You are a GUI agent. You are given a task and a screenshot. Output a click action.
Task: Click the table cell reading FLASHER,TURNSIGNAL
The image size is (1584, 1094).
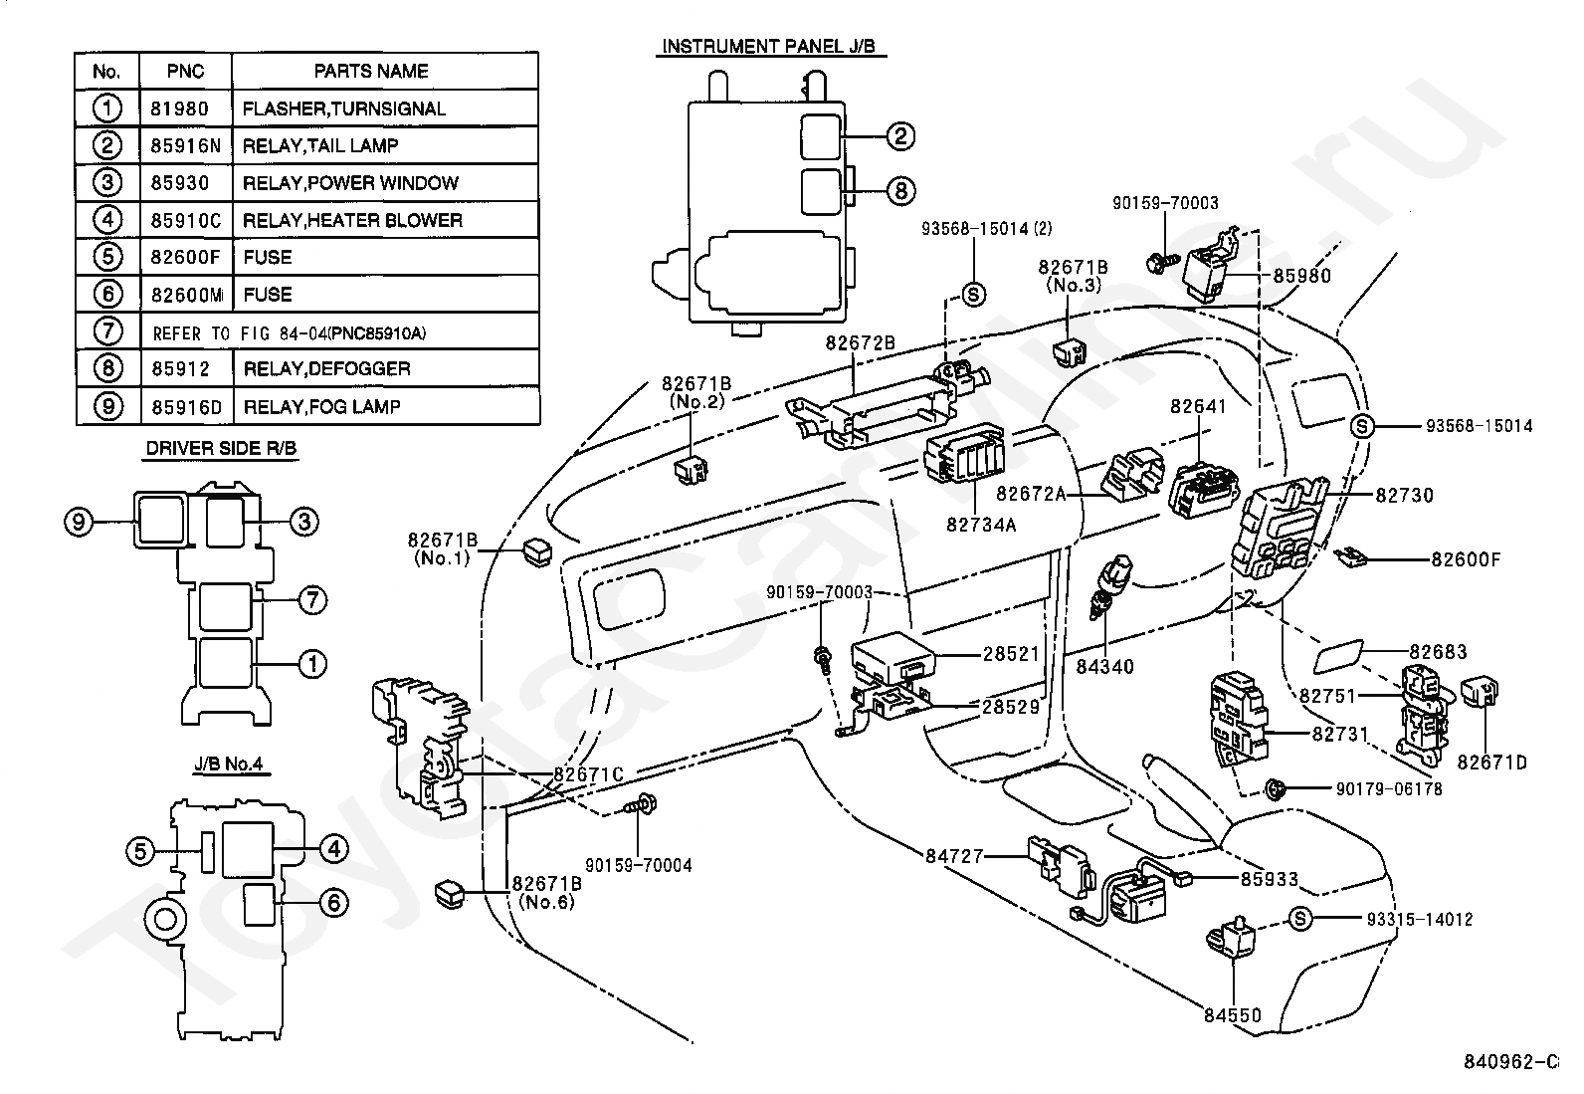[343, 109]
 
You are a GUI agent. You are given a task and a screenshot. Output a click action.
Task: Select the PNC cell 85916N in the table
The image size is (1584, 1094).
[185, 145]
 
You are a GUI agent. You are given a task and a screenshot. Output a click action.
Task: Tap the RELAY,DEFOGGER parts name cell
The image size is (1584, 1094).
[326, 368]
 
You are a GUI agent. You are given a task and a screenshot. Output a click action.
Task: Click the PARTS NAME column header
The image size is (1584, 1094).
[371, 71]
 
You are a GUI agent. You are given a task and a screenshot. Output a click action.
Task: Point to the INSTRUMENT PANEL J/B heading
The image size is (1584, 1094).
[769, 46]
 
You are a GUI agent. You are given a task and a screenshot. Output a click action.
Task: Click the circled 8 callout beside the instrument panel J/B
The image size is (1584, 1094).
[900, 190]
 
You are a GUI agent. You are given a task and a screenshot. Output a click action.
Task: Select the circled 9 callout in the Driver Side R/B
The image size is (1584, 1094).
[79, 523]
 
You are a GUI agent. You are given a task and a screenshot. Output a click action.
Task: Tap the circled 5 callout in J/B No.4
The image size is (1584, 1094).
[140, 850]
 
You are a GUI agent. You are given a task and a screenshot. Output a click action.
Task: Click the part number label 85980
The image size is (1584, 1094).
[1301, 276]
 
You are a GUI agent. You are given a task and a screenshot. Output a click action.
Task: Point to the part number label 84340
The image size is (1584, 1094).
[1104, 667]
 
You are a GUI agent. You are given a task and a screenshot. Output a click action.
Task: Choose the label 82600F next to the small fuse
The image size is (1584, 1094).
[1466, 559]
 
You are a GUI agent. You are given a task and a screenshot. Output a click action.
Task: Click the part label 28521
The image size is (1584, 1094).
[1011, 654]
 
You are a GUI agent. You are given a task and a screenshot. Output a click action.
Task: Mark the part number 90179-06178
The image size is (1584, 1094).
[1389, 789]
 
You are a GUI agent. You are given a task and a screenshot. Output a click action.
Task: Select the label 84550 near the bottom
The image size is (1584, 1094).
[1233, 1015]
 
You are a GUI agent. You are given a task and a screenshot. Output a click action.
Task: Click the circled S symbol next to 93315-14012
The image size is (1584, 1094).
[1300, 919]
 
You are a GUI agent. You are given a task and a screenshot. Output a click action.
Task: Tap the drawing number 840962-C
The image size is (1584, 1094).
[1510, 1062]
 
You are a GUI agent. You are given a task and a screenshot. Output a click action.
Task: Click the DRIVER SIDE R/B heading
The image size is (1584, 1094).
[221, 448]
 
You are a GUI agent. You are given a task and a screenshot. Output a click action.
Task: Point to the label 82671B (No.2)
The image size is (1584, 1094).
[696, 393]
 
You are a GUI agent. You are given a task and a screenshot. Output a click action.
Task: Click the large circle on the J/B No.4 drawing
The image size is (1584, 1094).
[165, 920]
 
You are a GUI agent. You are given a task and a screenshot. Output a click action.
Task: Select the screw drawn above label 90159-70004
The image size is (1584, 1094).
[640, 804]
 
